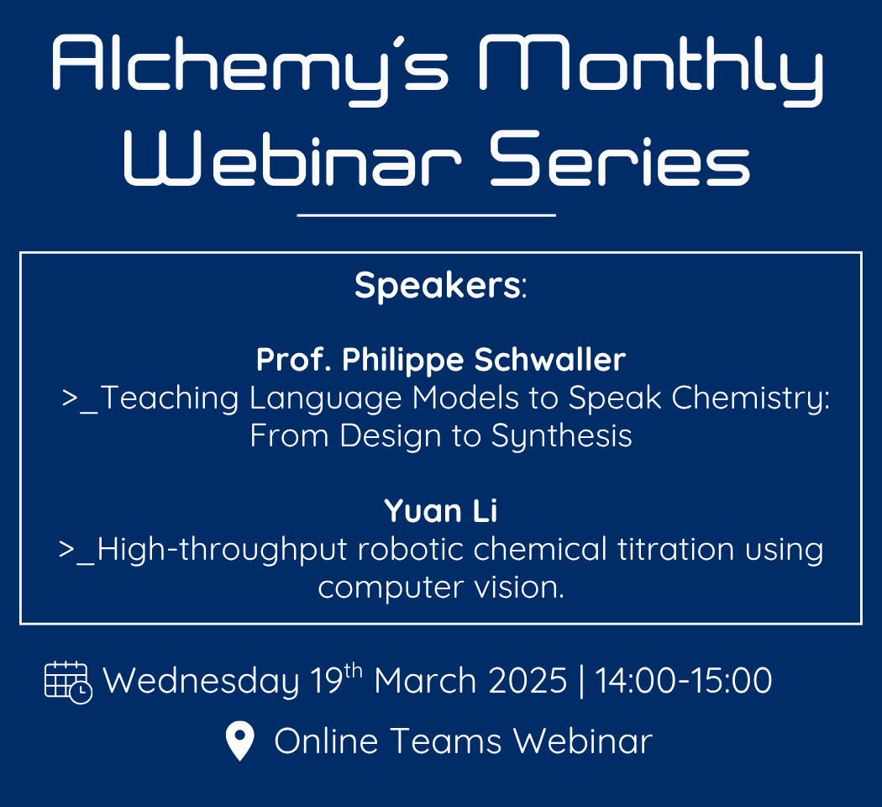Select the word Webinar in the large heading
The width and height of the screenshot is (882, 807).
coord(292,159)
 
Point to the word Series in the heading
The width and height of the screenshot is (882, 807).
coord(620,159)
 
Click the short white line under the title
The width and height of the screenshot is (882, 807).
coord(427,215)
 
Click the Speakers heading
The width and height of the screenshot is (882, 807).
coord(440,285)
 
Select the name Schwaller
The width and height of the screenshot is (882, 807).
coord(549,359)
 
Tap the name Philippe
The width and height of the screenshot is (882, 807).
coord(402,360)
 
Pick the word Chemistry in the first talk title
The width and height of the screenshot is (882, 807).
coord(750,398)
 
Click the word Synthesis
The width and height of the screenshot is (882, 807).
coord(561,436)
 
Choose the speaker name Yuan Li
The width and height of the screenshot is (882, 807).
coord(441,511)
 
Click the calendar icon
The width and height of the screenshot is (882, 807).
coord(68,683)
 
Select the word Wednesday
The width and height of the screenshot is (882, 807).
coord(201,681)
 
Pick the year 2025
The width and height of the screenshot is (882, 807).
coord(528,681)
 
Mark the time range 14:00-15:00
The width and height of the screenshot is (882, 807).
coord(684,681)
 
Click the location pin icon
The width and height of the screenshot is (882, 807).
coord(239,741)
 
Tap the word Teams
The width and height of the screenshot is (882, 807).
coord(445,741)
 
